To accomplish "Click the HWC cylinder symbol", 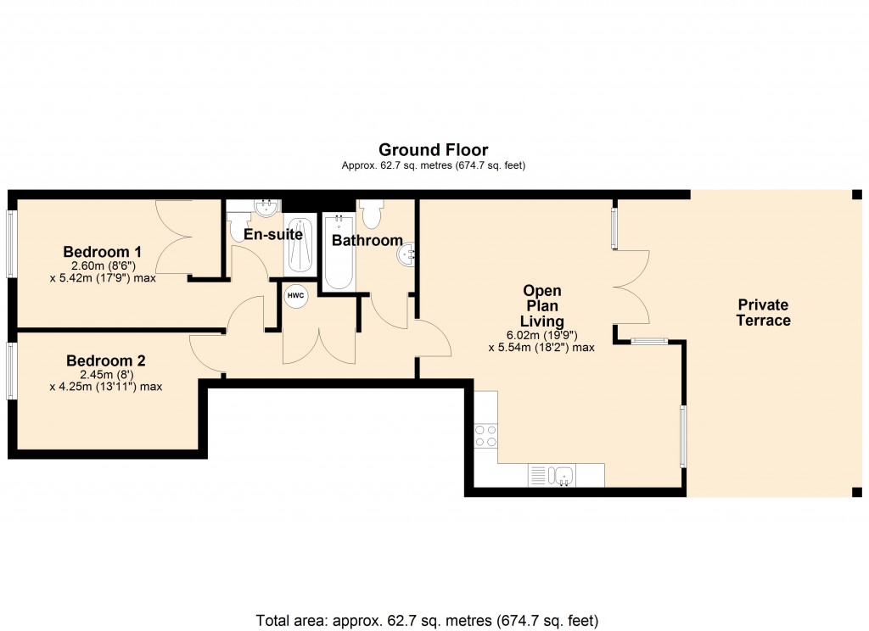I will tap(295, 295).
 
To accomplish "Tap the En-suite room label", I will tap(272, 234).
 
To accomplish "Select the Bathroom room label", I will tap(367, 240).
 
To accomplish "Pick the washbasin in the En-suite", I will tap(266, 207).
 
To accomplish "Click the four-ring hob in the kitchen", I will tap(485, 436).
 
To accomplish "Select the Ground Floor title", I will tap(433, 150).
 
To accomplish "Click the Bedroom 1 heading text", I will tap(102, 252).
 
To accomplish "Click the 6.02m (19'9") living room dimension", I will tap(541, 334).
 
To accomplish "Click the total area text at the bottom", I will tap(427, 620).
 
